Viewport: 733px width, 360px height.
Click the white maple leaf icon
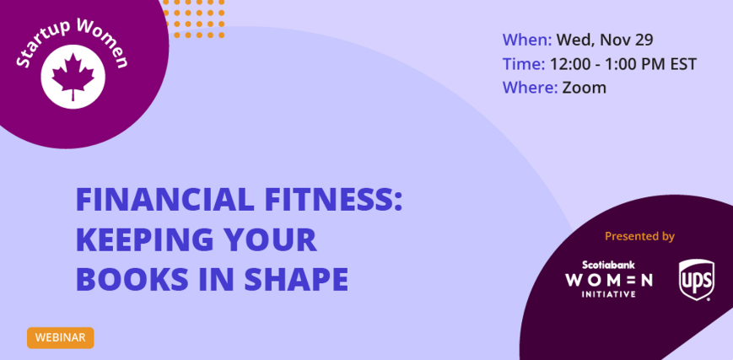tap(73, 76)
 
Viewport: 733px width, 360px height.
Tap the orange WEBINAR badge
tap(60, 337)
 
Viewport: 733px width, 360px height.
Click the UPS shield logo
tap(697, 280)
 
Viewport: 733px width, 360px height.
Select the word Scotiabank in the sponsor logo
tap(608, 265)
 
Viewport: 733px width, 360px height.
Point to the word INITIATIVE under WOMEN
tap(608, 294)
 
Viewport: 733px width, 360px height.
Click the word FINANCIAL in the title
tap(164, 200)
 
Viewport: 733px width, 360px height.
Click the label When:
tap(527, 40)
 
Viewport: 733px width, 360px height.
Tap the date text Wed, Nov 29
tap(605, 40)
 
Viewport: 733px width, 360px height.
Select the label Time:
tap(524, 63)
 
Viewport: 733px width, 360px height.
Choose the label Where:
tap(530, 88)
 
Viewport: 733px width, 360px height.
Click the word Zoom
tap(584, 88)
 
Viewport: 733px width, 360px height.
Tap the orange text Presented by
tap(639, 236)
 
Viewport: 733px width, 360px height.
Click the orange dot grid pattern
tap(194, 19)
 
